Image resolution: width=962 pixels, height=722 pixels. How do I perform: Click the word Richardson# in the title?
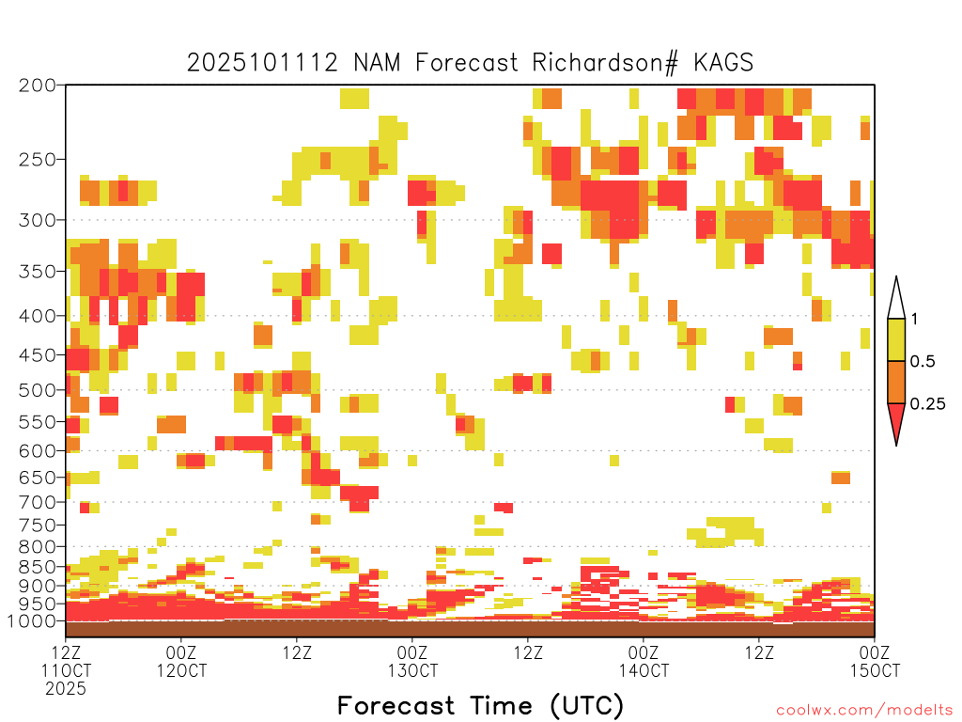point(605,63)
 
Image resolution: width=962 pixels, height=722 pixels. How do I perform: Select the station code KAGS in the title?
point(723,62)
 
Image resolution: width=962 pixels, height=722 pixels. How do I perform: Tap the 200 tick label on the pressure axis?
point(38,86)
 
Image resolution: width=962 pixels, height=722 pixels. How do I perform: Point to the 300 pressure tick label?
point(38,220)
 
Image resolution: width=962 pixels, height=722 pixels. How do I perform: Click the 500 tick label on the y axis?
point(38,390)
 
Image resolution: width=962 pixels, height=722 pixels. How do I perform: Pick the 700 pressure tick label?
point(38,502)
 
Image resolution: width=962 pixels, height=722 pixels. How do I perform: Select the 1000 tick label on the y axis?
point(32,621)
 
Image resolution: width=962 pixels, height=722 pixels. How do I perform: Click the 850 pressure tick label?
point(38,567)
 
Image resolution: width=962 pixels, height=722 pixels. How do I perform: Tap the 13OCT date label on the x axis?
point(412,670)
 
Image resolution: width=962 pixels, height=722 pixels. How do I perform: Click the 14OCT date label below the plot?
point(644,670)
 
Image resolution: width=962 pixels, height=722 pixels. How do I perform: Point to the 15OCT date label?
point(875,670)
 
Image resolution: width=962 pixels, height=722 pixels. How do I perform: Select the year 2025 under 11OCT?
point(66,688)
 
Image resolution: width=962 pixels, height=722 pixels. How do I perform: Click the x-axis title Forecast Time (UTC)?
point(480,705)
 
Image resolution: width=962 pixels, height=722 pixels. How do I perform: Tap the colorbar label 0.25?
point(927,404)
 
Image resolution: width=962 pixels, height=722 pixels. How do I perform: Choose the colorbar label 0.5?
point(923,361)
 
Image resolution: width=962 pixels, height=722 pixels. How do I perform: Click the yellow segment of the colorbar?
point(896,339)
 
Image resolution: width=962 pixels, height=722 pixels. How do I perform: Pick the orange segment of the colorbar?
point(896,382)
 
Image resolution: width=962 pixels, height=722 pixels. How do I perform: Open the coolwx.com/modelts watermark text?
point(864,711)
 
